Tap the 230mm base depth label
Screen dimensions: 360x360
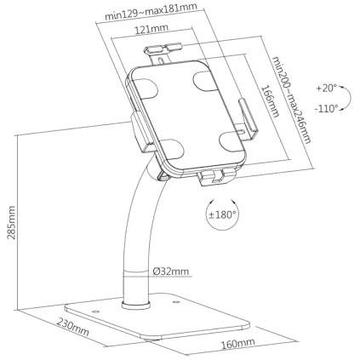pyautogui.click(x=73, y=327)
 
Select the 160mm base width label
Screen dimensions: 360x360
pyautogui.click(x=237, y=344)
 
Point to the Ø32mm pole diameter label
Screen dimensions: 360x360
pyautogui.click(x=171, y=271)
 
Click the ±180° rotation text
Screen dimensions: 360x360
pyautogui.click(x=222, y=214)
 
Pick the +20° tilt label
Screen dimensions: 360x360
pyautogui.click(x=327, y=89)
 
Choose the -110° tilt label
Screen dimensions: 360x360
pyautogui.click(x=327, y=108)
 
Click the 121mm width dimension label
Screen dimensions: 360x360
pyautogui.click(x=151, y=29)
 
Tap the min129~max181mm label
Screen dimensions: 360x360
pyautogui.click(x=151, y=11)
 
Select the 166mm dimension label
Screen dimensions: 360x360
pyautogui.click(x=270, y=101)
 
